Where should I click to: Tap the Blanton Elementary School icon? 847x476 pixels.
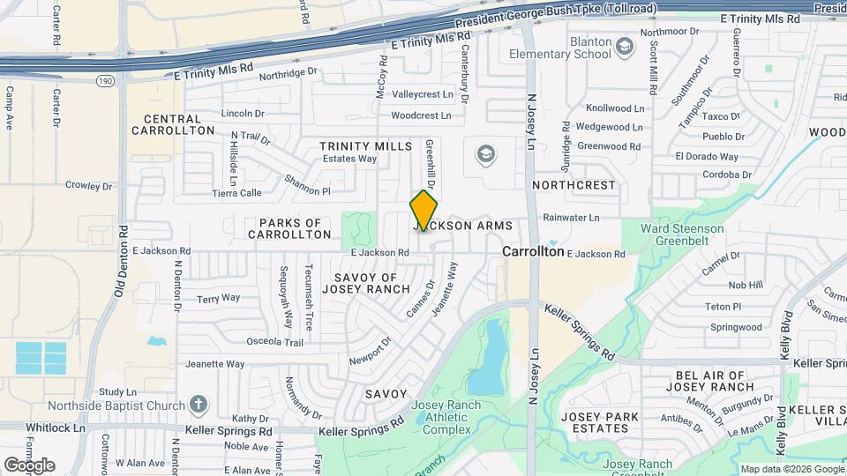click(625, 45)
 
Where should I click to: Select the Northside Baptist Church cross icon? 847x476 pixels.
click(199, 405)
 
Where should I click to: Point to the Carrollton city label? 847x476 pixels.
click(533, 251)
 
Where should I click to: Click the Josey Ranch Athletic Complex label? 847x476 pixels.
click(446, 417)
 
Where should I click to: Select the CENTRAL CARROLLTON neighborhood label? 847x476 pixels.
click(173, 124)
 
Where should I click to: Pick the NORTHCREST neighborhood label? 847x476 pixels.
click(573, 185)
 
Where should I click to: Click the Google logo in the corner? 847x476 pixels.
click(29, 465)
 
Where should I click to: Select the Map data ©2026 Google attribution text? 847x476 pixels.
click(791, 469)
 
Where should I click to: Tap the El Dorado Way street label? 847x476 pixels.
click(707, 156)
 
